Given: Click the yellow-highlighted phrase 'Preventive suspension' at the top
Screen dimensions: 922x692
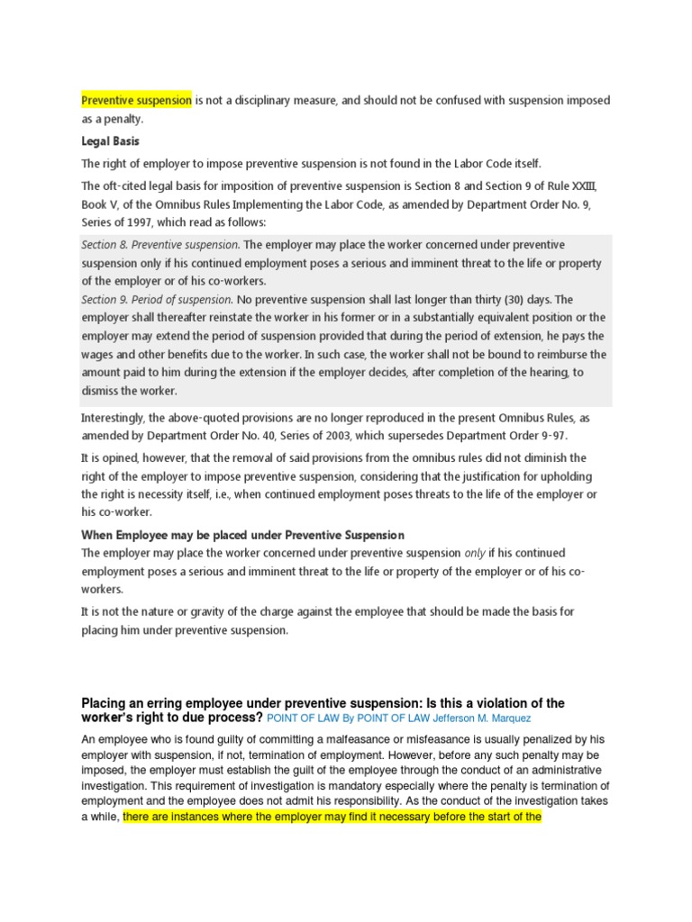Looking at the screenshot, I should coord(137,101).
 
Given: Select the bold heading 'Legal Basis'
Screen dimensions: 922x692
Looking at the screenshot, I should coord(110,141).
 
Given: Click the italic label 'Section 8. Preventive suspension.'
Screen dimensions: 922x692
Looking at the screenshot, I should coord(160,245).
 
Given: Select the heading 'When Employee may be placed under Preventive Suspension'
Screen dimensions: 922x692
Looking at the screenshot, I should coord(243,536).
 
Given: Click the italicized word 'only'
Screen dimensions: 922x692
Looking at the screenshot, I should coord(474,553).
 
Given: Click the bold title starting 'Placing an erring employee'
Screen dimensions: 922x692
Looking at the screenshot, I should coord(323,702).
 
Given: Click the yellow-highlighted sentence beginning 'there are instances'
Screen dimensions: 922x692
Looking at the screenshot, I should coord(331,817).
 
